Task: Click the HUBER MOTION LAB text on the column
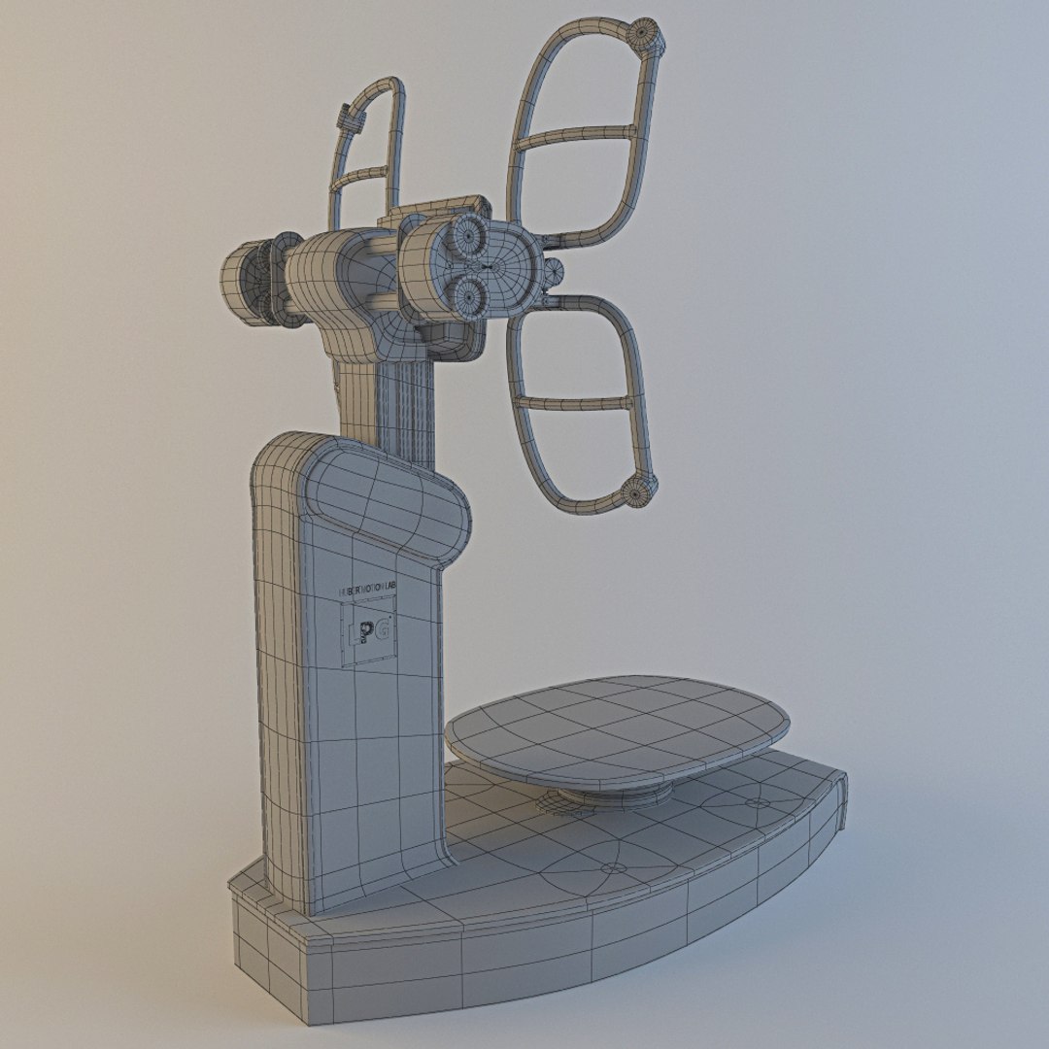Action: tap(368, 589)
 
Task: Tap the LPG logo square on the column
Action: tap(367, 632)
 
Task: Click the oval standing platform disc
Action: tap(617, 727)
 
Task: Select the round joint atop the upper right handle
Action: tap(645, 36)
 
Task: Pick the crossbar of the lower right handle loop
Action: tap(575, 401)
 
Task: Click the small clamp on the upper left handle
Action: tap(345, 121)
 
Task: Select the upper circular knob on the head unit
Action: tap(467, 234)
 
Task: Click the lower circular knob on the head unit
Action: tap(468, 292)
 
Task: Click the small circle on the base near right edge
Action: tap(755, 803)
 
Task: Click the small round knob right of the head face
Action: tap(555, 270)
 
